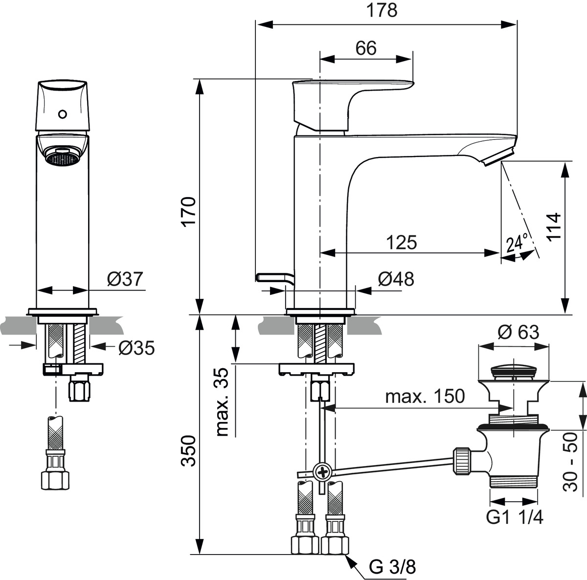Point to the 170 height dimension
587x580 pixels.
click(189, 211)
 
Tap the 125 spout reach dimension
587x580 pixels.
click(402, 242)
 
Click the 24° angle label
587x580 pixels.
click(518, 242)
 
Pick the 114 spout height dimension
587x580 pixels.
click(554, 226)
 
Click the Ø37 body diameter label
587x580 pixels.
click(125, 279)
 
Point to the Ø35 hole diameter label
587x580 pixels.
click(136, 348)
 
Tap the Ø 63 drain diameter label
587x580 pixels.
click(518, 333)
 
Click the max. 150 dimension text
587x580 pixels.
click(425, 396)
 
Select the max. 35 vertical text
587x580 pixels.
click(223, 403)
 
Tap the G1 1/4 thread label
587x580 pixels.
click(515, 517)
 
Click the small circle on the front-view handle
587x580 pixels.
click(62, 114)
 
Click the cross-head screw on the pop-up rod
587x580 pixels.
click(323, 472)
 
